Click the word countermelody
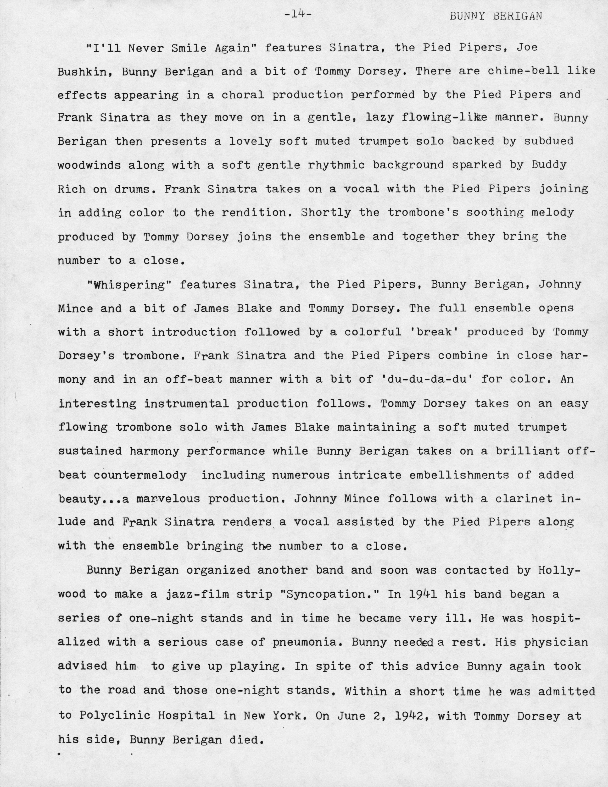[140, 475]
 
